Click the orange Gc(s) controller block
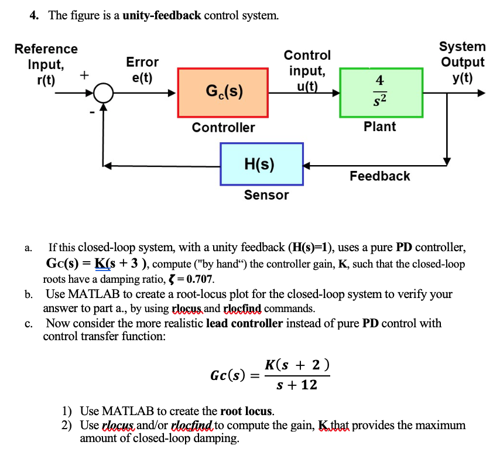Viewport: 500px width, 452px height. click(224, 93)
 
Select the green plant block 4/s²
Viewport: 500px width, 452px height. click(381, 93)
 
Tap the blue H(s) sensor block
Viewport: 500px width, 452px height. click(261, 164)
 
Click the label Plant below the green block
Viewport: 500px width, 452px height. click(379, 126)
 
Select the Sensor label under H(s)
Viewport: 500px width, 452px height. click(266, 195)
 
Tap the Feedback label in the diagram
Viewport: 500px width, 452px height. click(379, 176)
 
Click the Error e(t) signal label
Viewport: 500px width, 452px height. click(142, 70)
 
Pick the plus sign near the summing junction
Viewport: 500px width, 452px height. click(84, 75)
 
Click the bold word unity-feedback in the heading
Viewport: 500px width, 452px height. click(162, 16)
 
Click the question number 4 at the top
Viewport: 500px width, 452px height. click(34, 16)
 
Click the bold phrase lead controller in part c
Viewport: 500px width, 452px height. click(244, 323)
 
